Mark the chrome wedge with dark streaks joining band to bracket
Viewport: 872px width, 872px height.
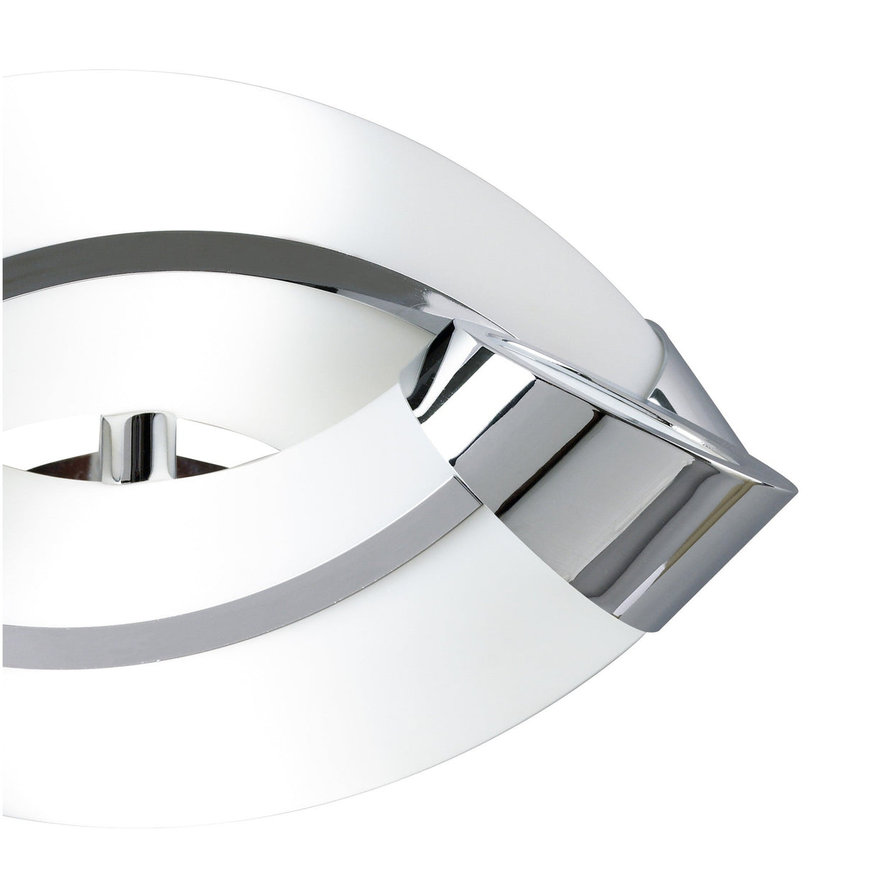click(x=438, y=381)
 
